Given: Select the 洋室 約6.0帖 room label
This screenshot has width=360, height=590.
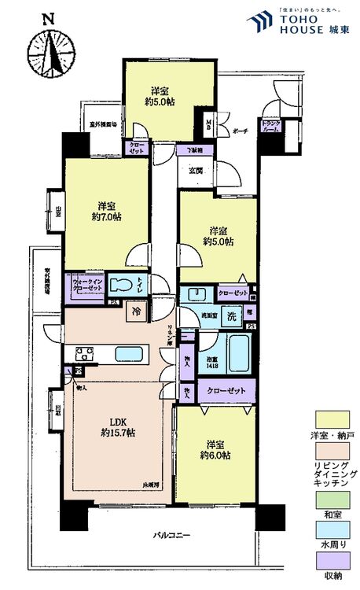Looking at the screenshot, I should tap(214, 449).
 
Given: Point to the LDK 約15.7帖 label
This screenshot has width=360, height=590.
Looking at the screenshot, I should tap(116, 427).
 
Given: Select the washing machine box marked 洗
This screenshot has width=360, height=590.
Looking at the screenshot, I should tap(232, 315).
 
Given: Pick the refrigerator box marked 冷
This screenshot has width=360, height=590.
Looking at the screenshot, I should tap(137, 311).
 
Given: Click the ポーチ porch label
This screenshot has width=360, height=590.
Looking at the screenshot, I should tap(240, 133).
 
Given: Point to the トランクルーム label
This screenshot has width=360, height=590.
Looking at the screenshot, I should tap(271, 127).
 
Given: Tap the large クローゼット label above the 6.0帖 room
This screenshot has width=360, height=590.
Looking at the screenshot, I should tap(227, 391).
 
